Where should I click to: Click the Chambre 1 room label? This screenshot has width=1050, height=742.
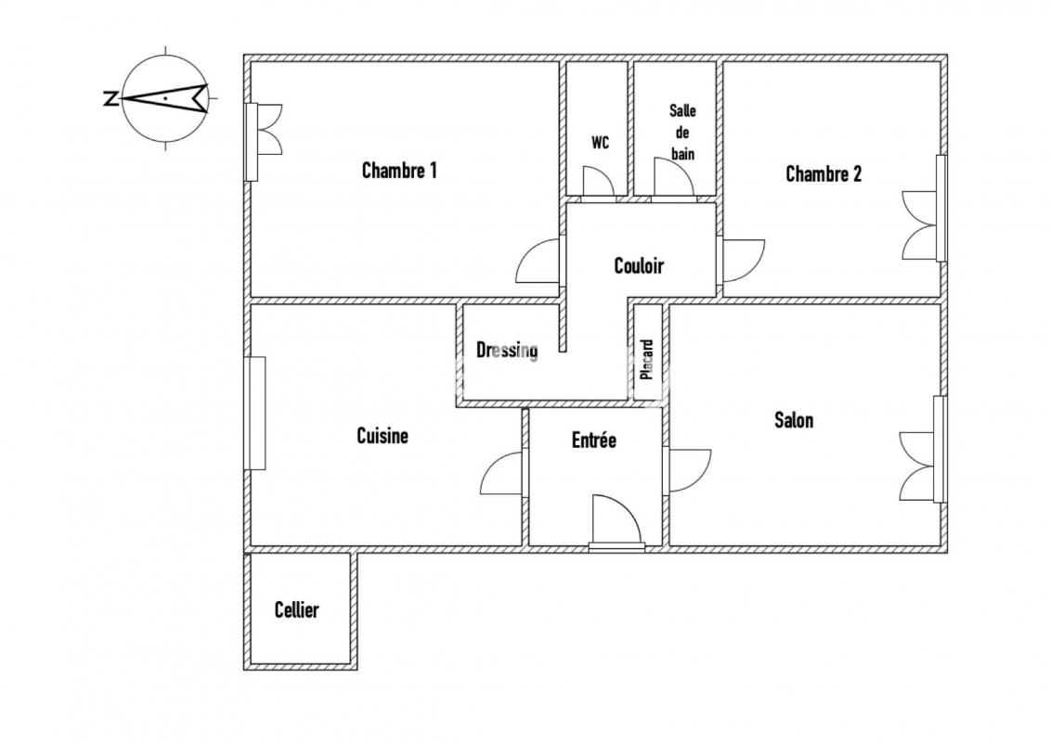tap(399, 170)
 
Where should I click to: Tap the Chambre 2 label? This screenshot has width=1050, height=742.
tap(823, 174)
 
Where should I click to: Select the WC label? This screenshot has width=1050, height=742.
tap(600, 143)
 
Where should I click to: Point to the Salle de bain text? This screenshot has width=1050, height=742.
tap(682, 133)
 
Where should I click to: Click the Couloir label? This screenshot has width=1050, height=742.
tap(639, 265)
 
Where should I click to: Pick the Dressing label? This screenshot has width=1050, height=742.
tap(507, 350)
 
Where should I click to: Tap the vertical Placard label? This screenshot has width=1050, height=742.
tap(647, 360)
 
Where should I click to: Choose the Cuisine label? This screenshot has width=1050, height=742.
tap(382, 436)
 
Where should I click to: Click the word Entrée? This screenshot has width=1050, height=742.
tap(594, 440)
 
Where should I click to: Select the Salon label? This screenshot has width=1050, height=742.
tap(794, 420)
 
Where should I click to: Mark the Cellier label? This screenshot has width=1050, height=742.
tap(297, 609)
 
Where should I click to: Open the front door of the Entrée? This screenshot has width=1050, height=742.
tap(616, 522)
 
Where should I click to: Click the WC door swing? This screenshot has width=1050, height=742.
tap(597, 183)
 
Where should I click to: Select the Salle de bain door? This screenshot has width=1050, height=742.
tap(675, 181)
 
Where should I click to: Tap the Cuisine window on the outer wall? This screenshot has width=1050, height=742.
tap(255, 413)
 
